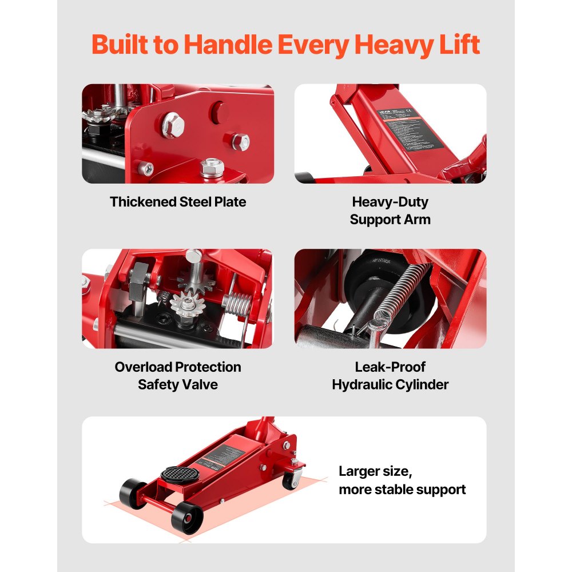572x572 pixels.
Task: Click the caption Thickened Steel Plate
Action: point(178,202)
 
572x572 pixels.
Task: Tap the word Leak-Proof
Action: point(390,367)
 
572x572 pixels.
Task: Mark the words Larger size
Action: point(375,471)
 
